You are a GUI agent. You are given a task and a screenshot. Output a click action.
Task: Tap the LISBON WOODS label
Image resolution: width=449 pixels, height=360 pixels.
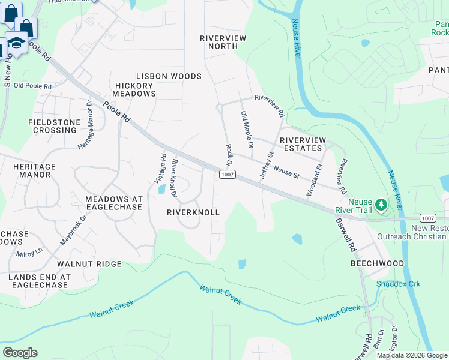click(x=169, y=76)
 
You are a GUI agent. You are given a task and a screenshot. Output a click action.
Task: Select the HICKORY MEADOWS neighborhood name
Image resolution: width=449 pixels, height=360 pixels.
click(x=134, y=89)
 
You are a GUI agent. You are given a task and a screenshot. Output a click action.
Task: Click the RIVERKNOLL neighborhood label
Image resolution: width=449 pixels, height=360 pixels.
click(x=193, y=212)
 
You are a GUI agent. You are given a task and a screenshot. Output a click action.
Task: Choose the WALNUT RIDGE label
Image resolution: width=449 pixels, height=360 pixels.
click(x=89, y=264)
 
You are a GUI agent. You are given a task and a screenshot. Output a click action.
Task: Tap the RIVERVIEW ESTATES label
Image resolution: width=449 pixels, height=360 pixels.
click(x=302, y=144)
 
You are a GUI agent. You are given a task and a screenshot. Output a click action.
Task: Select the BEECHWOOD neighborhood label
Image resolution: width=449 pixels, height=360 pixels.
click(x=378, y=263)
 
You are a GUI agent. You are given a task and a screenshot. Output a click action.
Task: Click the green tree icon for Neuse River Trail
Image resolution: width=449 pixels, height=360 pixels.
click(x=380, y=206)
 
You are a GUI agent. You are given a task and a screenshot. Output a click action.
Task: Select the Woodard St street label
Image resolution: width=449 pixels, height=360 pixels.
click(x=314, y=179)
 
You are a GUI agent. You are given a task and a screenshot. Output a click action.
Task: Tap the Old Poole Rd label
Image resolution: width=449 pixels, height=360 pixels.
click(x=32, y=86)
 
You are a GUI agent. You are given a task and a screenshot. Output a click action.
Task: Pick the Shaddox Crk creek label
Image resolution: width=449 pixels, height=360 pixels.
click(x=393, y=283)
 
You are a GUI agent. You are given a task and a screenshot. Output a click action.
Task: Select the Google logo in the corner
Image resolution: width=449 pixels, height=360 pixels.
click(x=20, y=353)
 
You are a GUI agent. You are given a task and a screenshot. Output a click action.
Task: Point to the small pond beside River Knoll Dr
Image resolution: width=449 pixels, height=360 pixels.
click(x=162, y=190)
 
